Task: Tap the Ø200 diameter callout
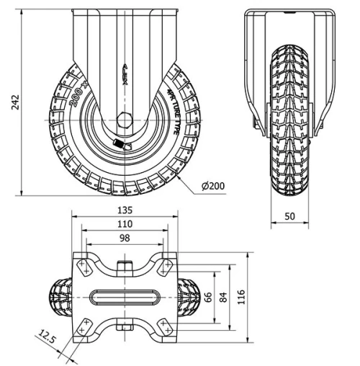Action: pyautogui.click(x=213, y=185)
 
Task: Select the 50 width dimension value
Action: pyautogui.click(x=289, y=215)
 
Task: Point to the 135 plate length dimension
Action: pyautogui.click(x=125, y=211)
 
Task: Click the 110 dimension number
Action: pyautogui.click(x=125, y=225)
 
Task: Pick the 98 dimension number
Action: pyautogui.click(x=125, y=238)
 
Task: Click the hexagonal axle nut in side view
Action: pyautogui.click(x=125, y=122)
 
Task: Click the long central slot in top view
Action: pyautogui.click(x=125, y=297)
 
